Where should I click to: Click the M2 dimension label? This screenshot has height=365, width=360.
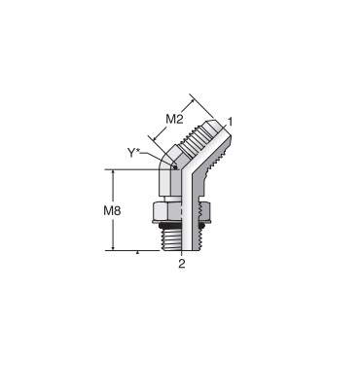click(174, 119)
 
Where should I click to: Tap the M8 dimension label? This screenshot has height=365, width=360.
click(112, 211)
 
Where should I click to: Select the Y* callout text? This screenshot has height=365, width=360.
click(133, 153)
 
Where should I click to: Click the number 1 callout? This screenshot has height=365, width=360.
click(231, 122)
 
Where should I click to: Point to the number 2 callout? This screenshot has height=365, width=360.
click(182, 264)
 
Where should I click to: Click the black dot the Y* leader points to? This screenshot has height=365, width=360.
click(175, 167)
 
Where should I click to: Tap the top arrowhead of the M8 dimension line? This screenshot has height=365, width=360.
click(113, 172)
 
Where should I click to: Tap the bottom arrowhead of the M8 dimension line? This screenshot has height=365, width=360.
click(113, 247)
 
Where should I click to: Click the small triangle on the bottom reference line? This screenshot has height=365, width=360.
click(137, 252)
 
